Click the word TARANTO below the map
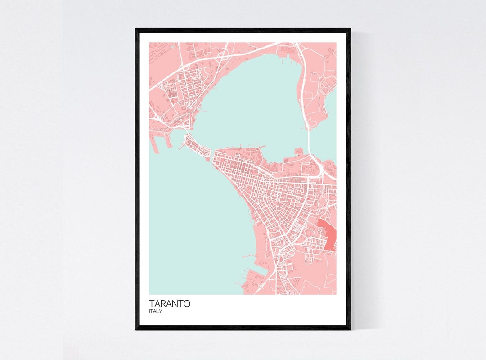tap(170, 304)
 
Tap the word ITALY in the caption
tap(156, 311)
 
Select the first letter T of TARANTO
tap(152, 304)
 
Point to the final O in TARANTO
tap(187, 304)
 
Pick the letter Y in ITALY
tap(161, 311)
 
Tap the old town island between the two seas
tap(196, 147)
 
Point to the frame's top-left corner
tap(136, 29)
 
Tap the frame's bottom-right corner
tap(350, 329)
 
